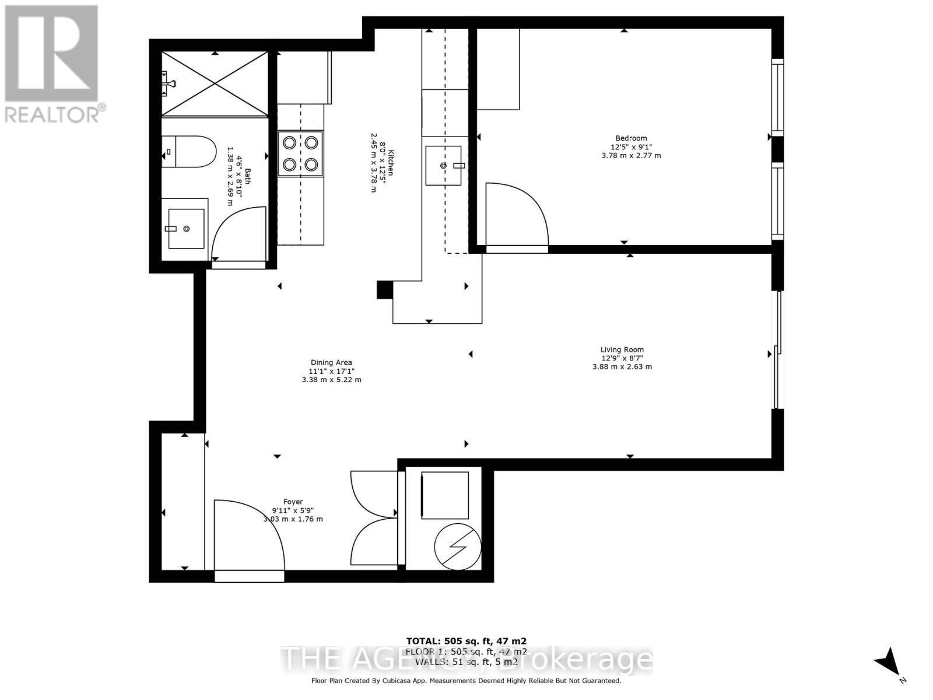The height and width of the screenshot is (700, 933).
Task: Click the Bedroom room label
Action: pos(631,138)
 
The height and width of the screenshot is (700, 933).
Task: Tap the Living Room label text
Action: pos(622,350)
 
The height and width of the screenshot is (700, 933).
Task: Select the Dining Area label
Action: pos(331,362)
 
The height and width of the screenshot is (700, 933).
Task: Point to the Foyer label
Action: pos(293,502)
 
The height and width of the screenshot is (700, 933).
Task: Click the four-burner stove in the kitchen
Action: pos(300,153)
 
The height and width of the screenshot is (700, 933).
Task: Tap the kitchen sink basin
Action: pos(443,166)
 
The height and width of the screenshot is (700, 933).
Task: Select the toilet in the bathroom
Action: pos(187,152)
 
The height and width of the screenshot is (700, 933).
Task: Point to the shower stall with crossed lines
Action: pos(215,83)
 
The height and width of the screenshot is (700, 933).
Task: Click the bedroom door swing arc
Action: pos(516,216)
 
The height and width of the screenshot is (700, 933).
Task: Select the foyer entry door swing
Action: pos(249,534)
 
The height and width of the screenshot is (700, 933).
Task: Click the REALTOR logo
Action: pos(52,64)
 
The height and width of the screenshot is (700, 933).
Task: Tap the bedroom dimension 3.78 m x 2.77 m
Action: pos(631,156)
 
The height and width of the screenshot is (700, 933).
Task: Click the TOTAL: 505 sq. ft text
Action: pos(466,641)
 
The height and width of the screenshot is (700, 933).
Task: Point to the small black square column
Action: pos(384,290)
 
